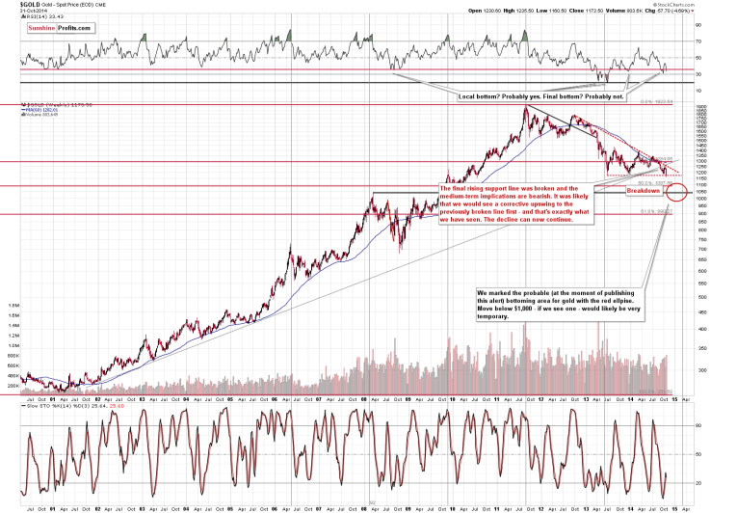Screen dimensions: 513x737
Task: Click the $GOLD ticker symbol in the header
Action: pos(15,5)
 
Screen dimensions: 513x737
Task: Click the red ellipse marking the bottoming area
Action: pos(675,193)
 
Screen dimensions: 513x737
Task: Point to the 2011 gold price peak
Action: pos(525,109)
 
